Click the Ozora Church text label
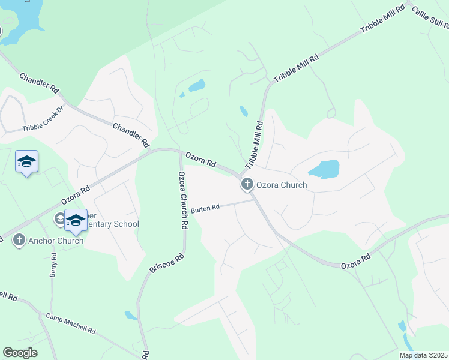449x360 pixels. (x=282, y=185)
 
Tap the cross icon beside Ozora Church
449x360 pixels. (x=247, y=185)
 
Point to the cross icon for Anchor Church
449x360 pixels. (x=19, y=241)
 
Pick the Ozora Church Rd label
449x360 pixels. (x=183, y=200)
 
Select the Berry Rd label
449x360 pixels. (x=53, y=265)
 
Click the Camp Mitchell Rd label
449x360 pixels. (x=71, y=323)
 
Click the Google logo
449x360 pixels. (x=20, y=353)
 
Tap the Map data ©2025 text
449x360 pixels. (x=423, y=355)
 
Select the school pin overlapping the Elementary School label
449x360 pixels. (x=76, y=220)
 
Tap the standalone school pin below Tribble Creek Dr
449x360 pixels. (x=26, y=161)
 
